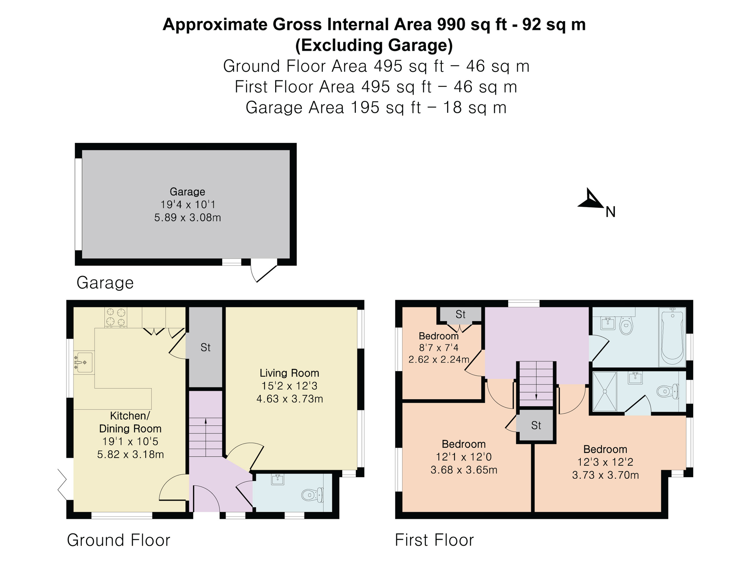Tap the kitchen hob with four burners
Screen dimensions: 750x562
point(116,317)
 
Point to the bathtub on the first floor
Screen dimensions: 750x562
point(672,337)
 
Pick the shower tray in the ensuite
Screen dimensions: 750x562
point(604,391)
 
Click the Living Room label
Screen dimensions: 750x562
point(289,373)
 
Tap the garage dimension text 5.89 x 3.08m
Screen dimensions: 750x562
point(187,218)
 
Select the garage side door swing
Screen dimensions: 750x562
point(263,270)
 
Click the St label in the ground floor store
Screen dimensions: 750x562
point(206,347)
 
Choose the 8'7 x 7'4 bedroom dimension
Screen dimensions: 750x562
point(439,348)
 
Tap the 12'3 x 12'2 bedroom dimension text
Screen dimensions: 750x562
point(605,462)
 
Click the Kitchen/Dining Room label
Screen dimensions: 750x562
point(130,422)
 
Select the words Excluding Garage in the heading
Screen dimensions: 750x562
point(374,46)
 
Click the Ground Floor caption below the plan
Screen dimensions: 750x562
point(119,540)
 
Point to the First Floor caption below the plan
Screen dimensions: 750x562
point(434,540)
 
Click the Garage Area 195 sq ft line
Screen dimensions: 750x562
point(376,108)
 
